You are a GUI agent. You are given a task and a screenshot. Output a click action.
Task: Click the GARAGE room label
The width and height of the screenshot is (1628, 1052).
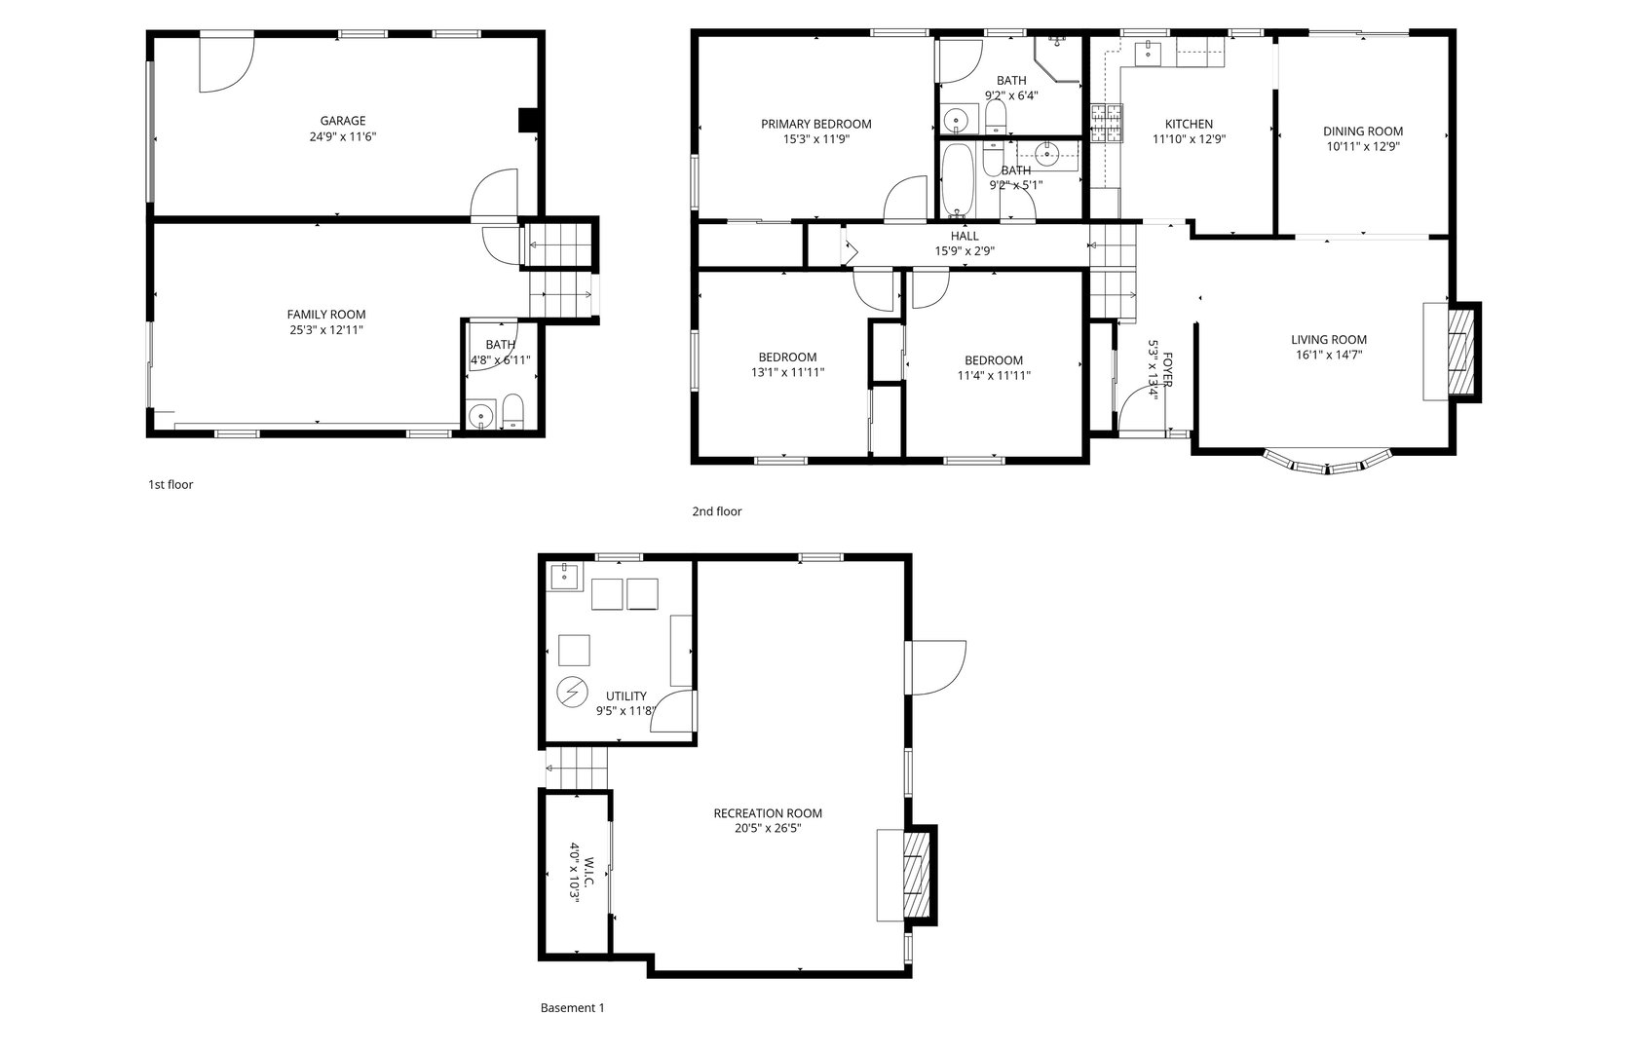coord(343,122)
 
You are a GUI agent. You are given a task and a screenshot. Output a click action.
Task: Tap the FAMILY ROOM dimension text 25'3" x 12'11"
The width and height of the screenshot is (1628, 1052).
coord(325,330)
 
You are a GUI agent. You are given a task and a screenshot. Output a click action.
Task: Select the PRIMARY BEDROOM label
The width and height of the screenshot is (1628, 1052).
coord(815,124)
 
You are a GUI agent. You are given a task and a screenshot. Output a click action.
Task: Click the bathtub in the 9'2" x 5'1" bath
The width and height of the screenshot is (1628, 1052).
coord(958,182)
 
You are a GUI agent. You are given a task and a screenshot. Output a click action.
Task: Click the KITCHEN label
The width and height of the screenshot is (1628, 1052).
coord(1189,124)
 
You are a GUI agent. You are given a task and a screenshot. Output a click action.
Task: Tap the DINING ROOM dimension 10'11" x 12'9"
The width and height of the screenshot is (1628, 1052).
coord(1362,147)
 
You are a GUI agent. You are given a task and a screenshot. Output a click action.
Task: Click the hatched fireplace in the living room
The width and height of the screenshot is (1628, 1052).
coord(1462,352)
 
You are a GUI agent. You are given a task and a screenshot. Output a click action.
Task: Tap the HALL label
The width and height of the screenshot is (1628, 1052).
coord(965,236)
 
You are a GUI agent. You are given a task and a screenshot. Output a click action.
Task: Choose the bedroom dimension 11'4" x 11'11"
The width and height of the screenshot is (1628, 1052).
coord(994,375)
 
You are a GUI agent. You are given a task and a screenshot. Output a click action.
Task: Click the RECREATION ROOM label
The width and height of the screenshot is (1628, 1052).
coord(768,813)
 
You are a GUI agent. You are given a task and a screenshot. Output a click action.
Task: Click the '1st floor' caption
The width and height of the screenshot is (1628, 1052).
coord(170,484)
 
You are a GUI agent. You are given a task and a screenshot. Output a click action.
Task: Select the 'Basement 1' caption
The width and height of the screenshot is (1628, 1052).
coord(572,1008)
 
